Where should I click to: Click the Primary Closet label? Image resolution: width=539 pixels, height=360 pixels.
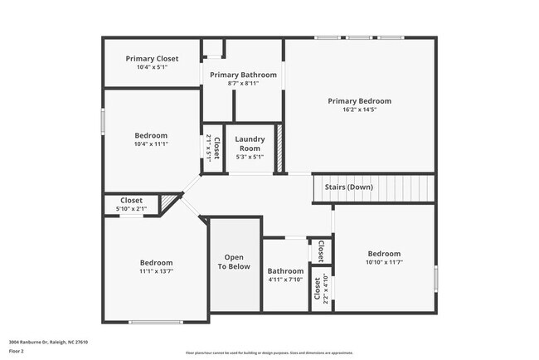[x=152, y=59]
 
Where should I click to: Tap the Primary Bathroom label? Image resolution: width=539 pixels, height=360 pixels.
[x=243, y=75]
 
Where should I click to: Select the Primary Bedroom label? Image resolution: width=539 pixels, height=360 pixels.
[x=359, y=101]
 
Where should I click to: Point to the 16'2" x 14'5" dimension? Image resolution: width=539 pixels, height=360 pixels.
[x=359, y=109]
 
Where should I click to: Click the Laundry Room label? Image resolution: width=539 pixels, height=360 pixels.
[x=250, y=144]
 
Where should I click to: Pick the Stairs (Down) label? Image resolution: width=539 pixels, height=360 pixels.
[x=348, y=187]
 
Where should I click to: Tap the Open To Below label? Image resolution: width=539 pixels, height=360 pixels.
[x=234, y=262]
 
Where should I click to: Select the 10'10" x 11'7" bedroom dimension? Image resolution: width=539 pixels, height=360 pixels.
[x=384, y=262]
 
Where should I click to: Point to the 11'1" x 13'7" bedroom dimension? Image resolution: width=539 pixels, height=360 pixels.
[x=156, y=270]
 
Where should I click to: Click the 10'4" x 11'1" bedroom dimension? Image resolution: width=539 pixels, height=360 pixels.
[x=152, y=144]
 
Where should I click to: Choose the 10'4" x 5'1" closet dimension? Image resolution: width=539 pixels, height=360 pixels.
[x=152, y=67]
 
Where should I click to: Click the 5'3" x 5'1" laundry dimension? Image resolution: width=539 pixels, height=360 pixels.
[x=250, y=157]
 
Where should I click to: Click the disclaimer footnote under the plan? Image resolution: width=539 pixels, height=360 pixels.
[x=269, y=353]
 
